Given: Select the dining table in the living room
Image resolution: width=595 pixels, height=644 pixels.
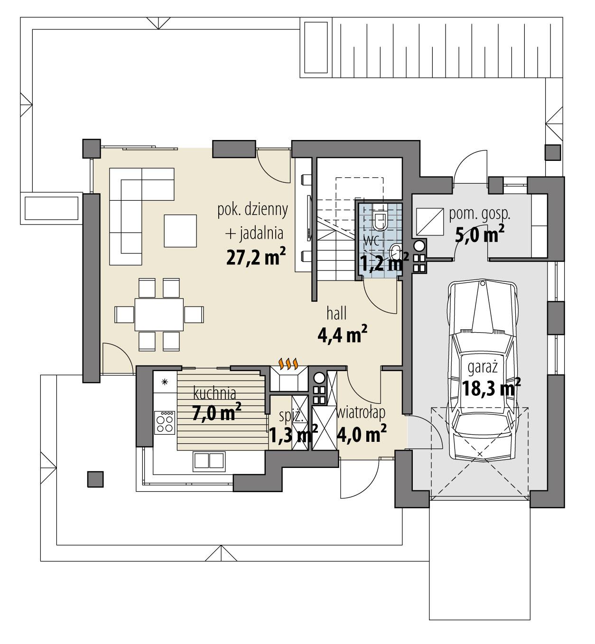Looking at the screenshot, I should pos(159,314).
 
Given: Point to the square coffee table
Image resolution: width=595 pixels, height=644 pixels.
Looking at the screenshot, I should pos(181,231).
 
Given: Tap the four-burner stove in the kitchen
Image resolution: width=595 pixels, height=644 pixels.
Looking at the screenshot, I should pos(165,421).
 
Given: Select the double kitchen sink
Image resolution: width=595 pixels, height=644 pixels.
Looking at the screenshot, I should pos(208,460).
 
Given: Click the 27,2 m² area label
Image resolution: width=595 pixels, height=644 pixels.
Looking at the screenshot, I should pos(256,258).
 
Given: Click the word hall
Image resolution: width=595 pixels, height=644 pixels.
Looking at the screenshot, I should pos(336,314).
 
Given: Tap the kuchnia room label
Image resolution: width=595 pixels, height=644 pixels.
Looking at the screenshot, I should pos(214,393).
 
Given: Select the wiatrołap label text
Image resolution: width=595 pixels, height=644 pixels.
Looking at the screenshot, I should pos(361,412).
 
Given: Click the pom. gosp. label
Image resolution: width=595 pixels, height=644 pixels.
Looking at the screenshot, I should pos(480,214).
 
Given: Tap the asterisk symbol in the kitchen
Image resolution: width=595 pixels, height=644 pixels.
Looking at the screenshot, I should pos(165,382).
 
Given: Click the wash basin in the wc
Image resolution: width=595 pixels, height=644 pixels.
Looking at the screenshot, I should pos(395,250).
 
